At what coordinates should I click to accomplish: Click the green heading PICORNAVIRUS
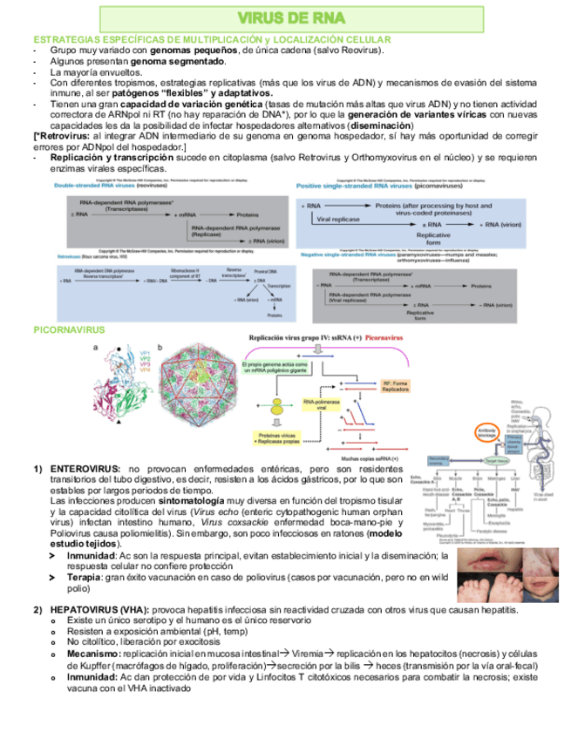[x=69, y=330]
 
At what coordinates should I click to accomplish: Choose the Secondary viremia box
[x=438, y=459]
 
